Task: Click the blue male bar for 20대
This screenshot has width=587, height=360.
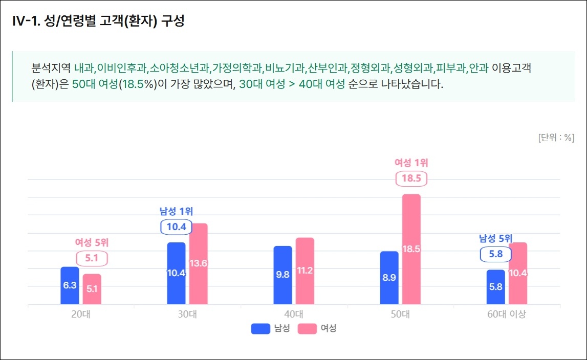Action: (70, 285)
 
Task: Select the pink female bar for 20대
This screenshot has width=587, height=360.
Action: (92, 289)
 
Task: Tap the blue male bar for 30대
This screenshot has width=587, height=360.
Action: (176, 273)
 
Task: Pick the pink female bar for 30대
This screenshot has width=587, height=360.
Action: (198, 264)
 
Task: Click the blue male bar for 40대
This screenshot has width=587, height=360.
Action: (282, 275)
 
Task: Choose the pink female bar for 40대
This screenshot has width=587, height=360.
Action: (305, 271)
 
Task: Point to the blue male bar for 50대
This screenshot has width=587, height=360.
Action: (389, 278)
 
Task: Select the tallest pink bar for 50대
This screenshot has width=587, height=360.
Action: (411, 249)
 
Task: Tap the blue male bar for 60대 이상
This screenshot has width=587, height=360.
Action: (495, 287)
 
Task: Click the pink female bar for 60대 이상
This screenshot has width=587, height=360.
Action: (517, 273)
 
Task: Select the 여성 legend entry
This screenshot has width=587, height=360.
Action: (317, 329)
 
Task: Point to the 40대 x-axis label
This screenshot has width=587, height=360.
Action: (294, 314)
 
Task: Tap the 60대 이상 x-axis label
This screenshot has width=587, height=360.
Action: (506, 314)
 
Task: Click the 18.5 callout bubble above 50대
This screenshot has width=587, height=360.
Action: (411, 178)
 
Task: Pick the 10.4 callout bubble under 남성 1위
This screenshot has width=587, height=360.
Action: (176, 226)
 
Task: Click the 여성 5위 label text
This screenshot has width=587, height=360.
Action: (92, 242)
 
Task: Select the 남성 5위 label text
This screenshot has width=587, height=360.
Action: (495, 238)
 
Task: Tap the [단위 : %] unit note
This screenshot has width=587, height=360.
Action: (556, 138)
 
